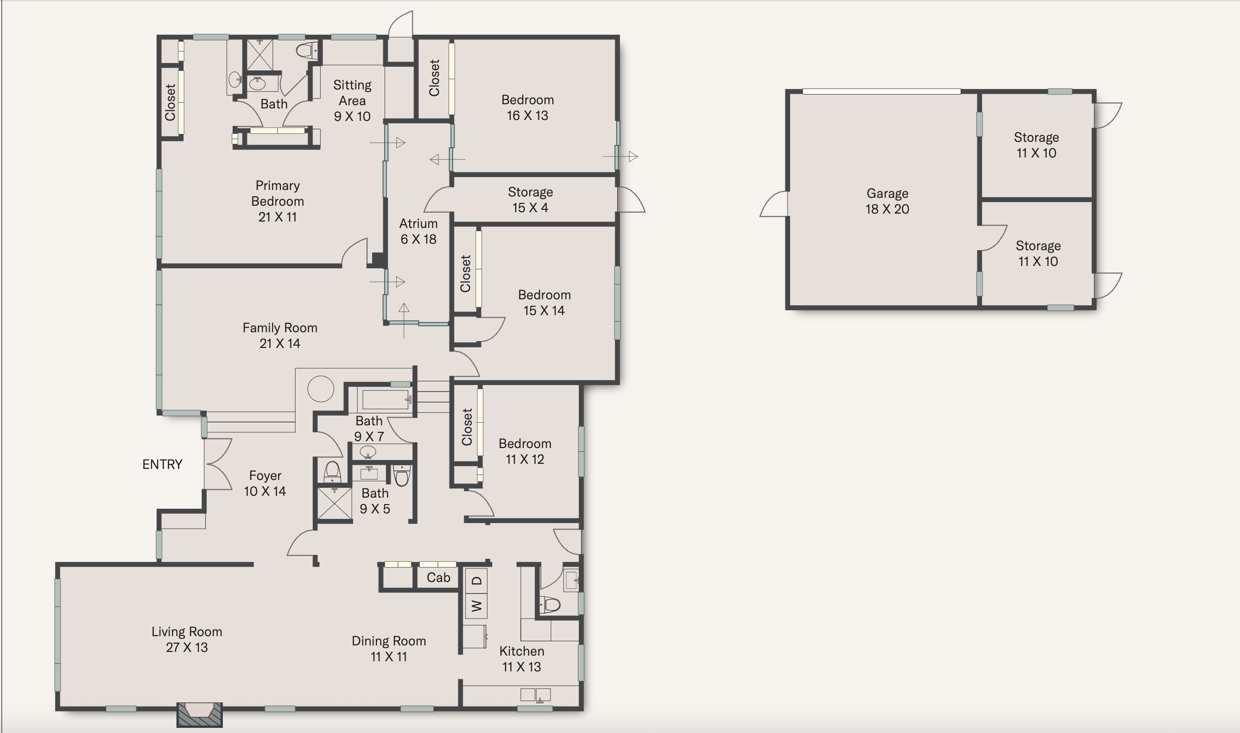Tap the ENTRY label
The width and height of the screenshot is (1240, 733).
[x=163, y=464]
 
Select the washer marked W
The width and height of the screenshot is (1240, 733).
[x=476, y=606]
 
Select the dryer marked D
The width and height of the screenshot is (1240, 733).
[x=476, y=581]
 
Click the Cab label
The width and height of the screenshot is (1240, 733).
[x=438, y=577]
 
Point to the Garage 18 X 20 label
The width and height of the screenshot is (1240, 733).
[x=887, y=201]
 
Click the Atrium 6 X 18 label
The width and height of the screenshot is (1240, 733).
[x=418, y=231]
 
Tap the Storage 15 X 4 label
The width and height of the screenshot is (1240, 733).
[x=531, y=200]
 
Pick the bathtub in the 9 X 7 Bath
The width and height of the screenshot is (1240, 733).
[x=385, y=399]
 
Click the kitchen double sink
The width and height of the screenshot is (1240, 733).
[x=535, y=695]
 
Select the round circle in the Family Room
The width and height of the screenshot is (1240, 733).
[x=321, y=389]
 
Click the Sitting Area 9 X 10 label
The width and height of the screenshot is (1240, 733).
[x=352, y=101]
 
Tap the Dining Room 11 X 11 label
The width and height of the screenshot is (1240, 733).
[x=389, y=649]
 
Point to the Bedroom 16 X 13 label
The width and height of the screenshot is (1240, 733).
[x=527, y=107]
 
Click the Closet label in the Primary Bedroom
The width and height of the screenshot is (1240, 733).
[x=171, y=102]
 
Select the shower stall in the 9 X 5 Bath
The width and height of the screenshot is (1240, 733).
[x=334, y=503]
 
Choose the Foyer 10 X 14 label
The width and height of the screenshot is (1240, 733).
[x=265, y=483]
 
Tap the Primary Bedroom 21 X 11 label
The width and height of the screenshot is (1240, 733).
[x=278, y=201]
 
